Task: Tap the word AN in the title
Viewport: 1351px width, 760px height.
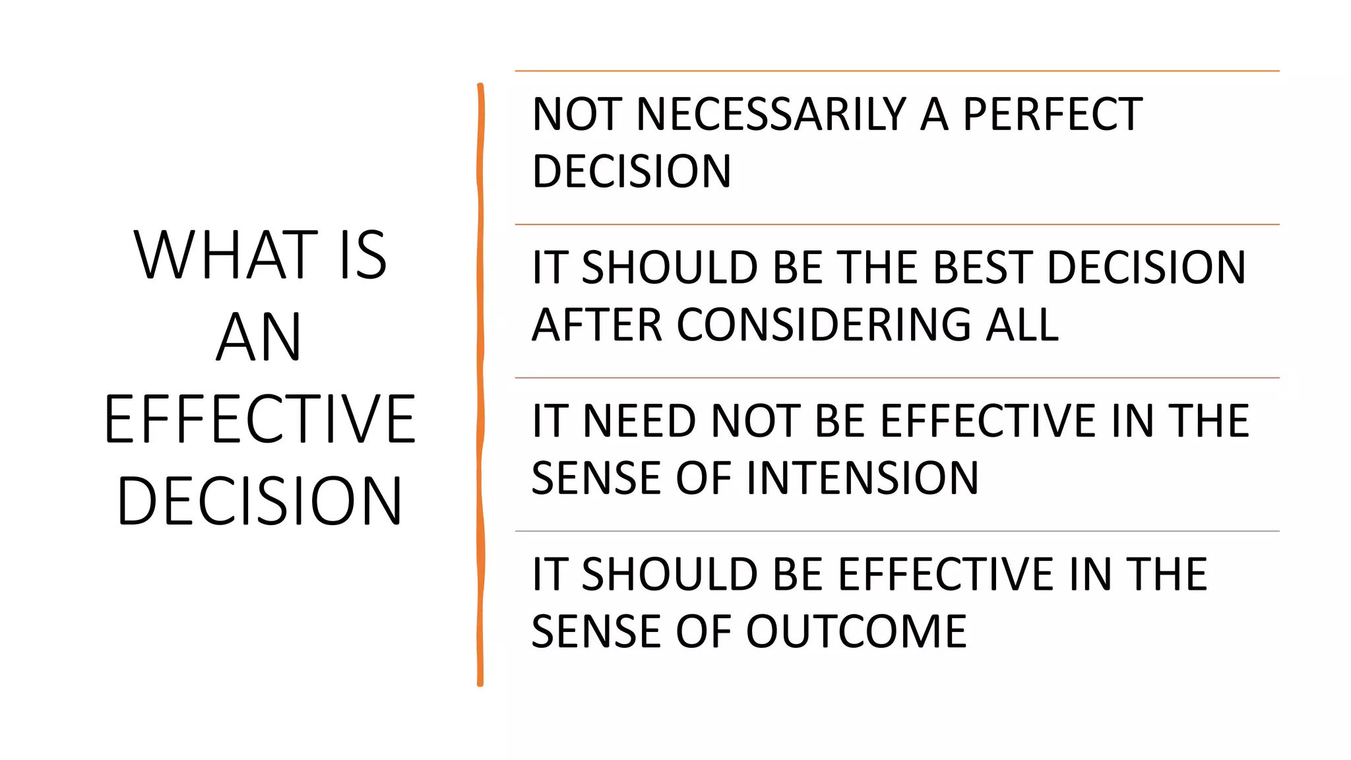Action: click(x=259, y=337)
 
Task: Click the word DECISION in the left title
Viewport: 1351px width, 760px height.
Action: click(x=259, y=501)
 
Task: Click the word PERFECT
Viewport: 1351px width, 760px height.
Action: click(x=1053, y=114)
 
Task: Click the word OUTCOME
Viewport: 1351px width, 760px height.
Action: click(x=856, y=631)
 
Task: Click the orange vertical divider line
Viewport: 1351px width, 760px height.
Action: click(x=480, y=383)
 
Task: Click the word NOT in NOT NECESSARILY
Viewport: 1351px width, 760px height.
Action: click(x=577, y=114)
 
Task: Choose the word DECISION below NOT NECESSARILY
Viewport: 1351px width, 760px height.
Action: click(x=631, y=172)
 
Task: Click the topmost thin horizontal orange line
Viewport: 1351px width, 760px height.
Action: click(x=897, y=71)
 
